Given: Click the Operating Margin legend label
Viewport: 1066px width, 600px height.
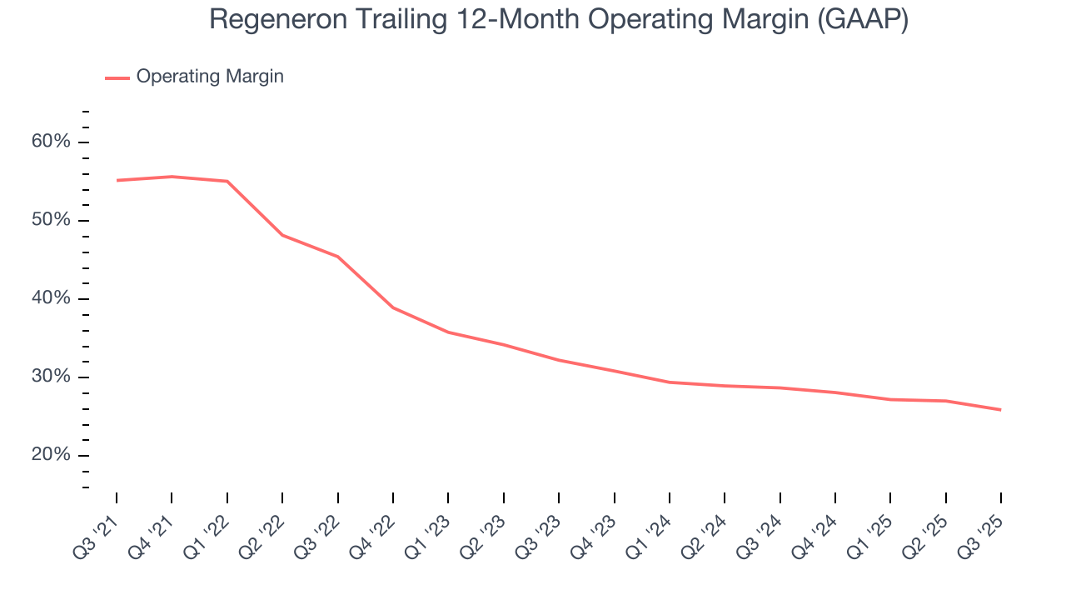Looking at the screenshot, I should click(210, 77).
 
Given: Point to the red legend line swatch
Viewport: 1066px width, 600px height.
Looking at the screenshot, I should click(117, 77).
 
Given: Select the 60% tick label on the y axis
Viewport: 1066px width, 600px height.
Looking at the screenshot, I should click(51, 142).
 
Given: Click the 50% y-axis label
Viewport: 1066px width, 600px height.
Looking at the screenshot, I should click(51, 220).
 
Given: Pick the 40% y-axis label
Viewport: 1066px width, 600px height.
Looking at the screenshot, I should click(51, 298).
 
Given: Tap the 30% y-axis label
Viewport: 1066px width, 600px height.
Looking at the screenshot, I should click(51, 377).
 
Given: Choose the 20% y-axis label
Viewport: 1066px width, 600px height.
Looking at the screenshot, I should click(51, 455).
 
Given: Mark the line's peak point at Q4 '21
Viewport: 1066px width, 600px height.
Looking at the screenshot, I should click(172, 177).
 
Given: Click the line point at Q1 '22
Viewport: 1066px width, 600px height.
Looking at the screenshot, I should click(227, 181).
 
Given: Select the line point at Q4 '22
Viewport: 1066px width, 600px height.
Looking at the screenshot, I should click(393, 307).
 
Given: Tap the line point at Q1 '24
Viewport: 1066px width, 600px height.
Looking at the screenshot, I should click(670, 382).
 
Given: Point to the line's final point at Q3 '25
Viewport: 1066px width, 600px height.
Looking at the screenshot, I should click(1000, 409).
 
